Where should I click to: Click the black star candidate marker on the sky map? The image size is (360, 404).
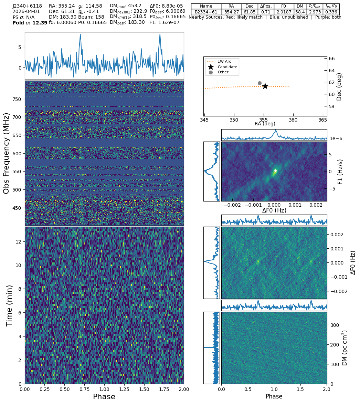coord(265,86)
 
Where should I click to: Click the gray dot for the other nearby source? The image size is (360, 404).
coord(260,83)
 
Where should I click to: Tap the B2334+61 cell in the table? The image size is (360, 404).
coord(206,12)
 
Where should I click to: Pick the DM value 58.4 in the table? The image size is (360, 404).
coord(300,12)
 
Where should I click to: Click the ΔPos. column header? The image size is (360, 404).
coord(266,6)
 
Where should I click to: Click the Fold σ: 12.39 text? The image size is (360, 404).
coord(30,23)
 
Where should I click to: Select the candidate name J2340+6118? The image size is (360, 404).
coord(27,6)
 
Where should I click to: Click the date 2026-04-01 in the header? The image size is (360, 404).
coord(26,12)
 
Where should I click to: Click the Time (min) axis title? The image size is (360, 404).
coord(10,305)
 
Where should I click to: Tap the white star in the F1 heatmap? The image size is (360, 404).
coord(275,171)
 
